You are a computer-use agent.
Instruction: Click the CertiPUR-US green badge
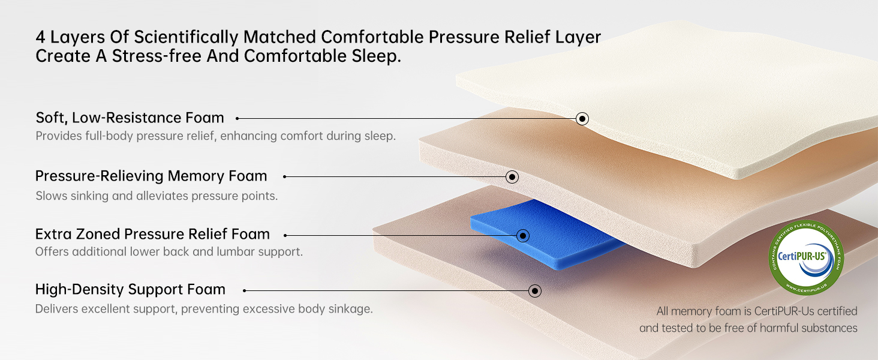click(x=806, y=257)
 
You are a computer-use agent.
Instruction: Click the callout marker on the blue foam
click(x=522, y=236)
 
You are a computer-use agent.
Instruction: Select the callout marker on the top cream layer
click(x=582, y=118)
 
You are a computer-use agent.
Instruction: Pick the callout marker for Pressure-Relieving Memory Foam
click(x=512, y=177)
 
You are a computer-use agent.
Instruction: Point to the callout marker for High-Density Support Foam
click(x=534, y=291)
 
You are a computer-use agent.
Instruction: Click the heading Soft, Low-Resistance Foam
click(x=130, y=118)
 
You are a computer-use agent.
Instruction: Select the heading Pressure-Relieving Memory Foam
click(x=151, y=176)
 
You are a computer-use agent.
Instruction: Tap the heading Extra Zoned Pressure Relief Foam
click(x=152, y=234)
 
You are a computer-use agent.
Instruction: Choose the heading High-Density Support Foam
click(x=130, y=289)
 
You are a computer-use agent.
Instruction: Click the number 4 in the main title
click(x=40, y=38)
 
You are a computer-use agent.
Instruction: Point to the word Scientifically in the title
click(x=186, y=38)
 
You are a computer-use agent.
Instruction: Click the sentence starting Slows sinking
click(x=157, y=196)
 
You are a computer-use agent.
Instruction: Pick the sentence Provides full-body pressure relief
click(x=215, y=136)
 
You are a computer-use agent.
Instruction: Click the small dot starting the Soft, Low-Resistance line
click(x=237, y=118)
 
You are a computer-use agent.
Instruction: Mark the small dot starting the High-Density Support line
click(x=244, y=290)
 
